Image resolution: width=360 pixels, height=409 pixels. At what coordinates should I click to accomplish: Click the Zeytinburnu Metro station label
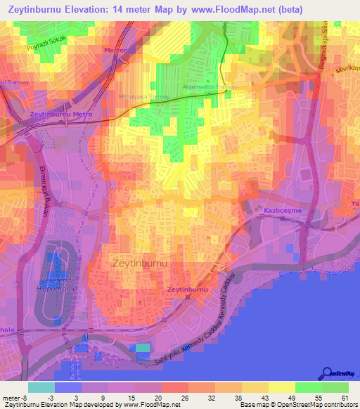point(56,114)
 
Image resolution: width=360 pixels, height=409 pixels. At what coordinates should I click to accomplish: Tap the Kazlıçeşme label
point(281,211)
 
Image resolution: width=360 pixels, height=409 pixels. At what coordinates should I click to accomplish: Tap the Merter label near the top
point(115,51)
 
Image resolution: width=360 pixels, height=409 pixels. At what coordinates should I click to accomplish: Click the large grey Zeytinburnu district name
point(141,262)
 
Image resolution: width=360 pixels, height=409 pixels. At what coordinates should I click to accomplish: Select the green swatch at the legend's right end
point(335,387)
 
